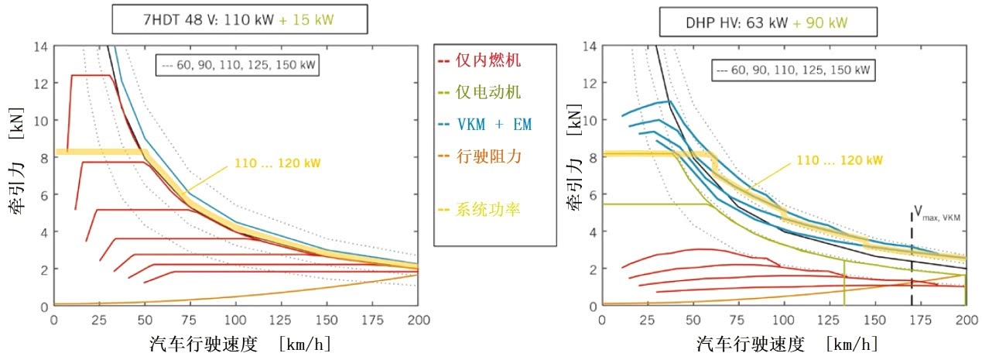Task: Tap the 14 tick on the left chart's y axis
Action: click(x=41, y=46)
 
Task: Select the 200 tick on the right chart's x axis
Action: click(x=965, y=318)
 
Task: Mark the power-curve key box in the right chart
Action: click(x=794, y=70)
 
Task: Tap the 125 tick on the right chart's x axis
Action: click(x=830, y=318)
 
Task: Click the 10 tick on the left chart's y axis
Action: click(x=41, y=121)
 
